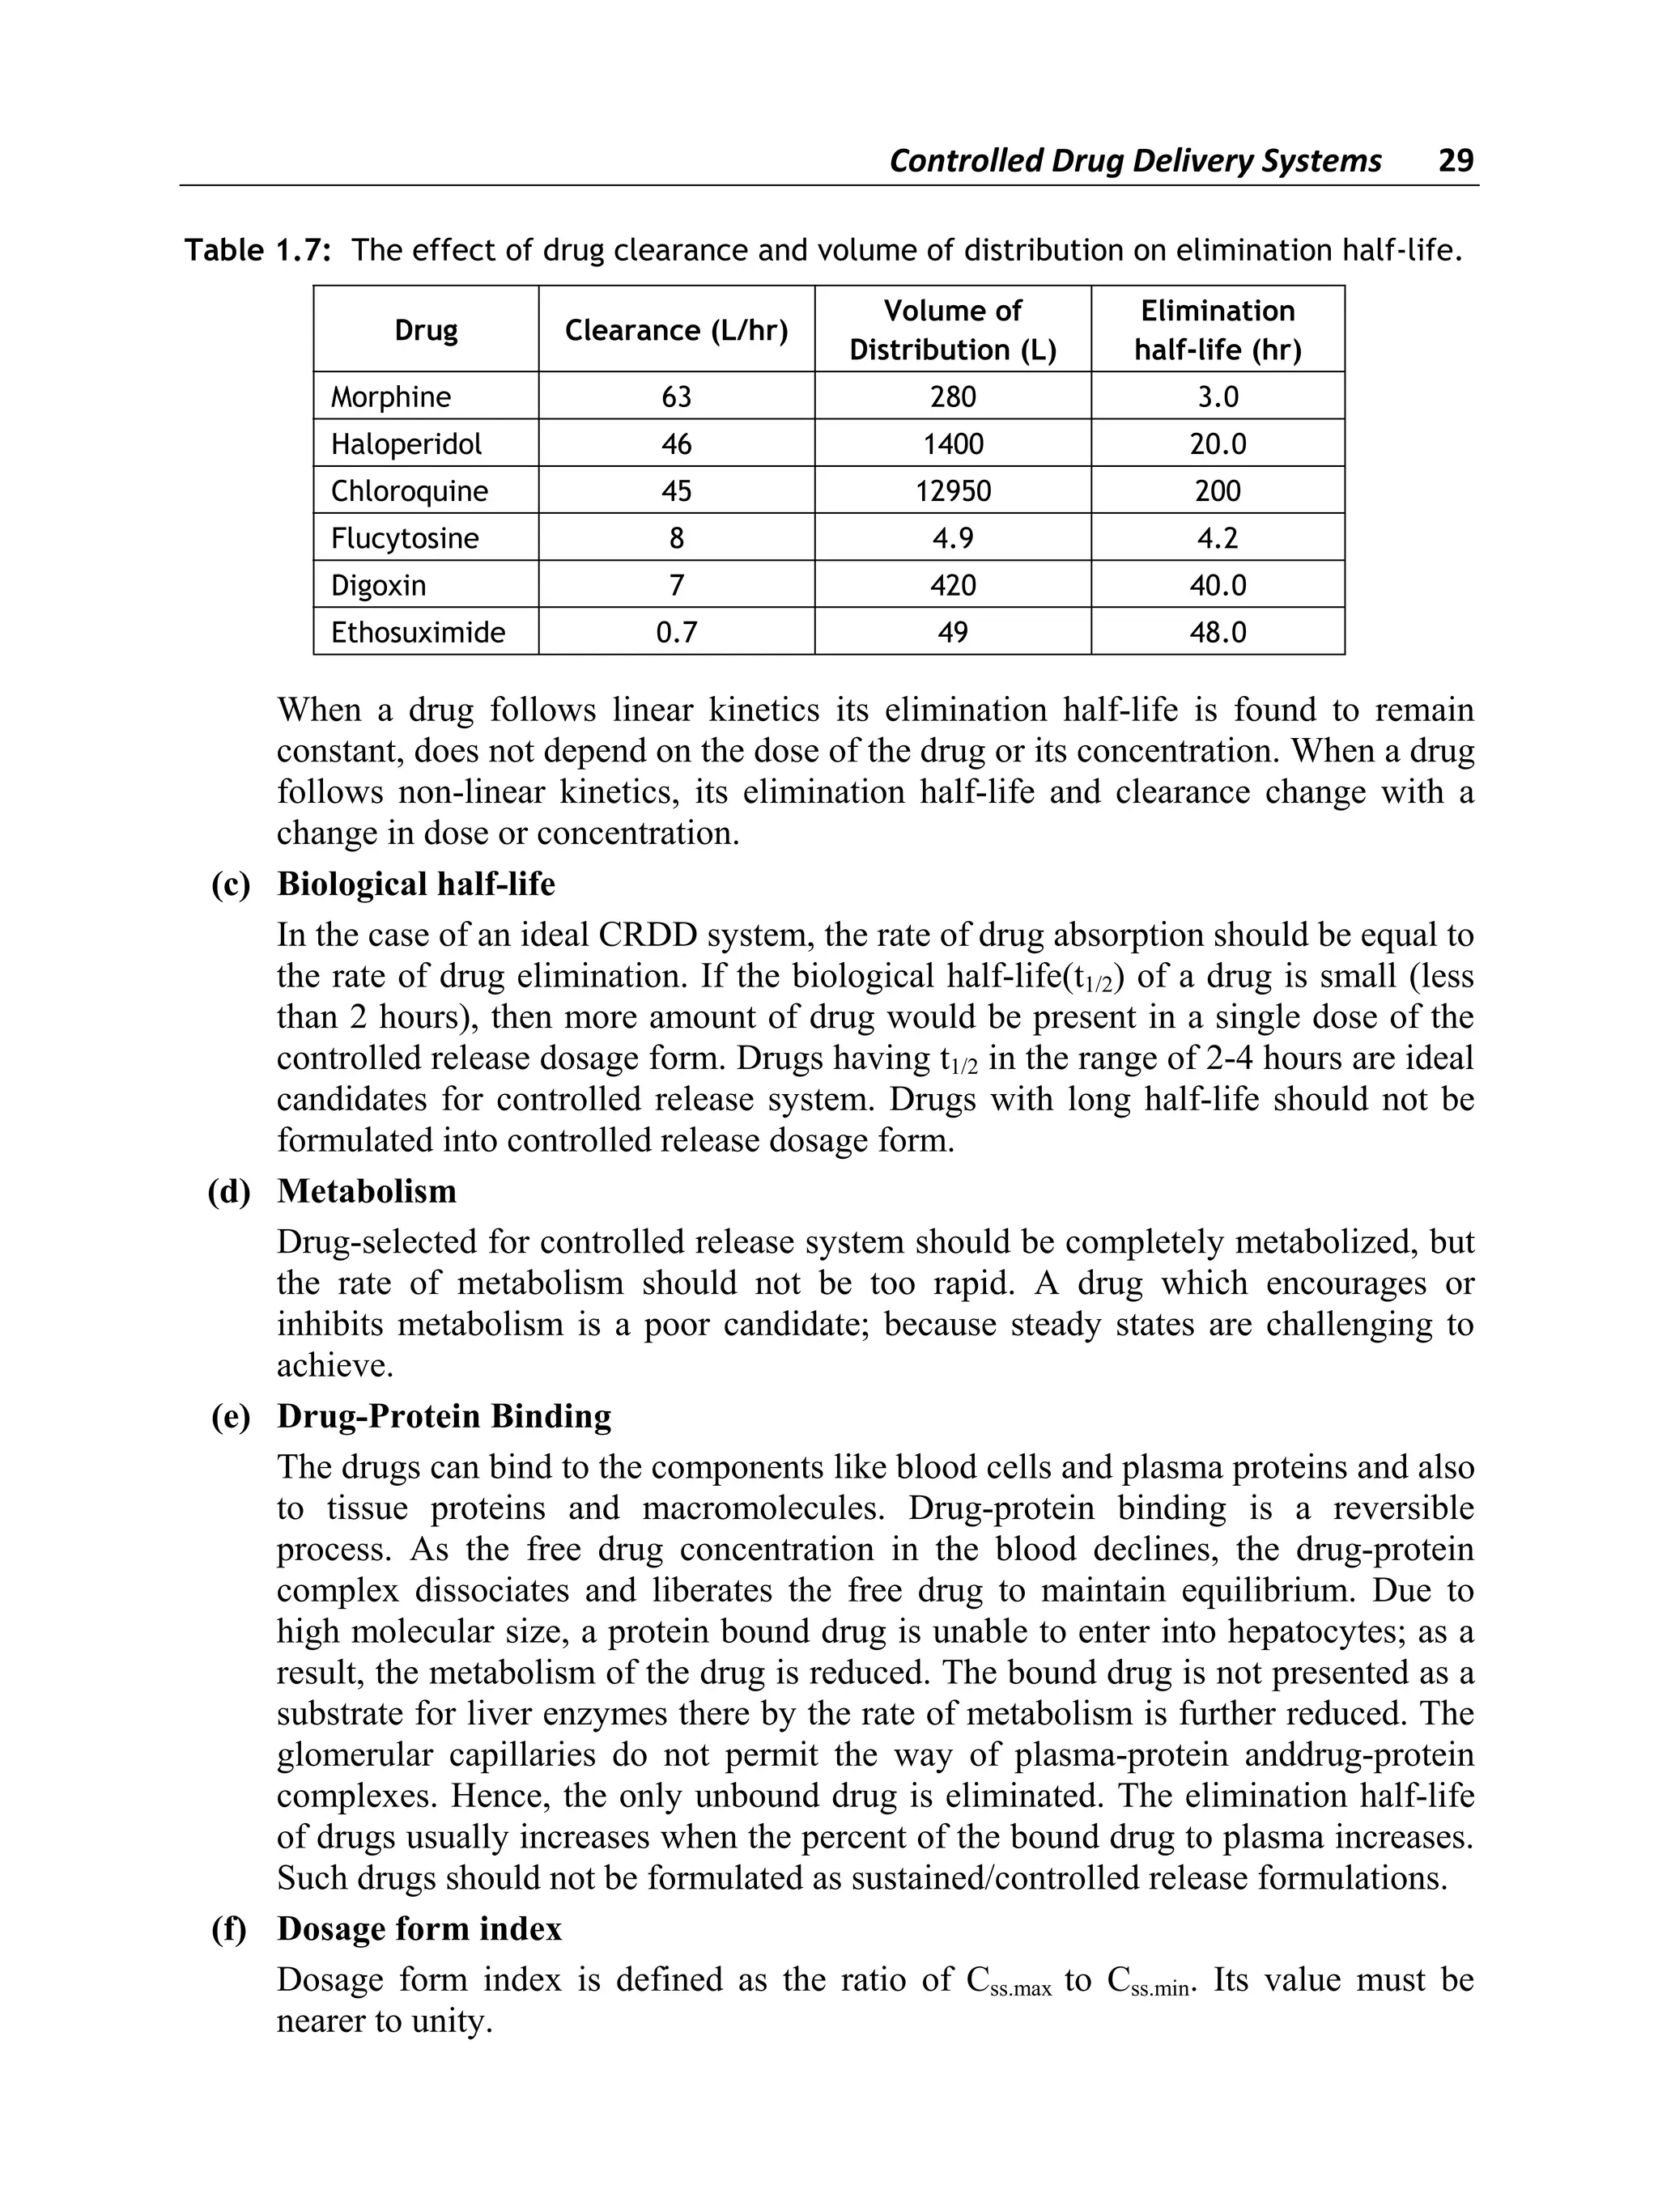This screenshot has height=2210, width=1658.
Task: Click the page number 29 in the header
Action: [x=1455, y=161]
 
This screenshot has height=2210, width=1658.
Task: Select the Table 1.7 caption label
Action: [x=257, y=250]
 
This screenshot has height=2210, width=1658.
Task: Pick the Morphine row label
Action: [x=391, y=397]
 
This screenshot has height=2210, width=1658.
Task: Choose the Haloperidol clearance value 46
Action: [x=676, y=444]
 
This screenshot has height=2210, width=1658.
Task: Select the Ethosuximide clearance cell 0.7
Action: [x=676, y=633]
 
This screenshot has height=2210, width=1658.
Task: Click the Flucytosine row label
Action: [x=405, y=538]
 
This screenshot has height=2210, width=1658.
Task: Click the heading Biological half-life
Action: [x=416, y=884]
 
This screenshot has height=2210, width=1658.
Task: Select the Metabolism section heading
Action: [x=367, y=1191]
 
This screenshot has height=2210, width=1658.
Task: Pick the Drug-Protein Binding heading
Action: [x=444, y=1415]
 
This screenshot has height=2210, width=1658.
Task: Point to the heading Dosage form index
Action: [x=419, y=1928]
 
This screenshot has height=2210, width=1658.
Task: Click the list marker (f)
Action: [x=229, y=1928]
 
